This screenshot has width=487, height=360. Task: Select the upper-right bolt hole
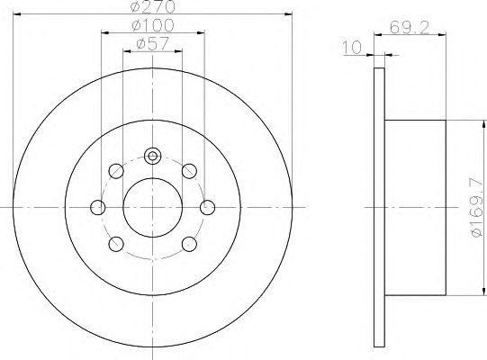coord(189,172)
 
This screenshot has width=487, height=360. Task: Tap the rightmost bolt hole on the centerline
coord(209,208)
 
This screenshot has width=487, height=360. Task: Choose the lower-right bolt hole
coord(189,244)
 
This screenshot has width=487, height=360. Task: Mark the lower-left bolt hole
coord(116,244)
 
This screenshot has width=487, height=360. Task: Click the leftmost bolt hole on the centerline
coord(97,208)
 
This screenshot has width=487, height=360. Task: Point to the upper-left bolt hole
coord(116,172)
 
